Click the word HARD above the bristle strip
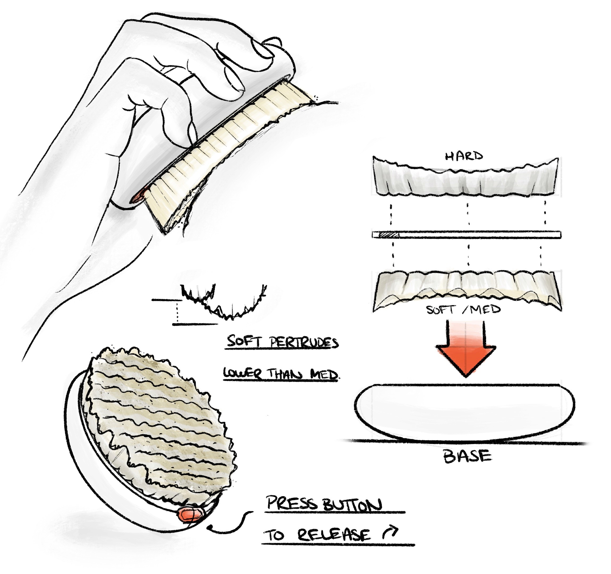(464, 156)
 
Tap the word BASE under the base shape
(467, 456)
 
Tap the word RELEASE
(334, 535)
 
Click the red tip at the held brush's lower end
(138, 196)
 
